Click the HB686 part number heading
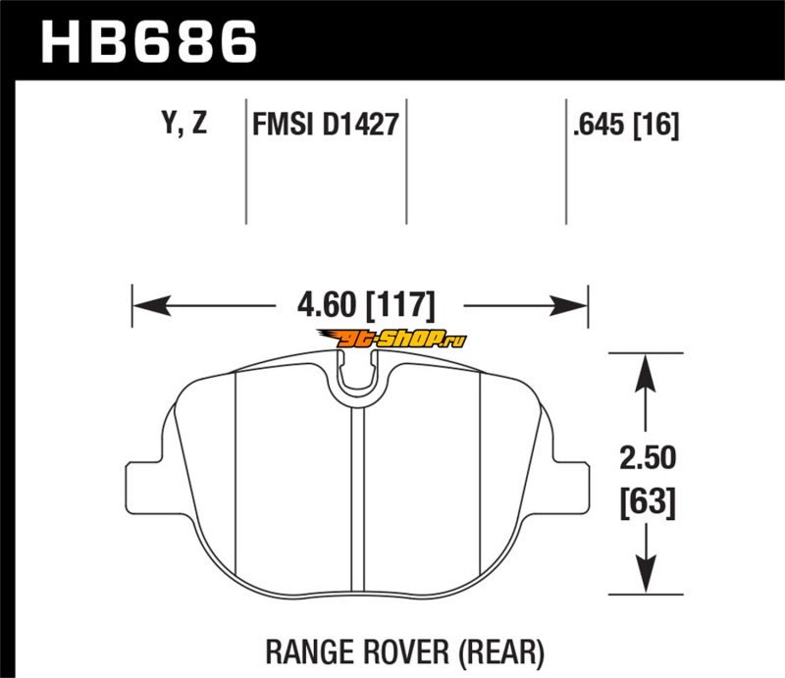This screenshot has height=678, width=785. point(149,41)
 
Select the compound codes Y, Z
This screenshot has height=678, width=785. point(184,123)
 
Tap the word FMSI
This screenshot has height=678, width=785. point(284,124)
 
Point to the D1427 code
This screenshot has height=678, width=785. point(360,124)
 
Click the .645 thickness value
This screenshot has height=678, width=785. point(599,124)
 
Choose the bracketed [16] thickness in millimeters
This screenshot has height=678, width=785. point(656,125)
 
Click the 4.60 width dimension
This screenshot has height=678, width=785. point(327,304)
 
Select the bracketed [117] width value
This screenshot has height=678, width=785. point(400,305)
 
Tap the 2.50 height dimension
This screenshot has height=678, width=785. point(648,457)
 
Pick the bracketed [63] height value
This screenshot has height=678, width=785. point(648,502)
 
